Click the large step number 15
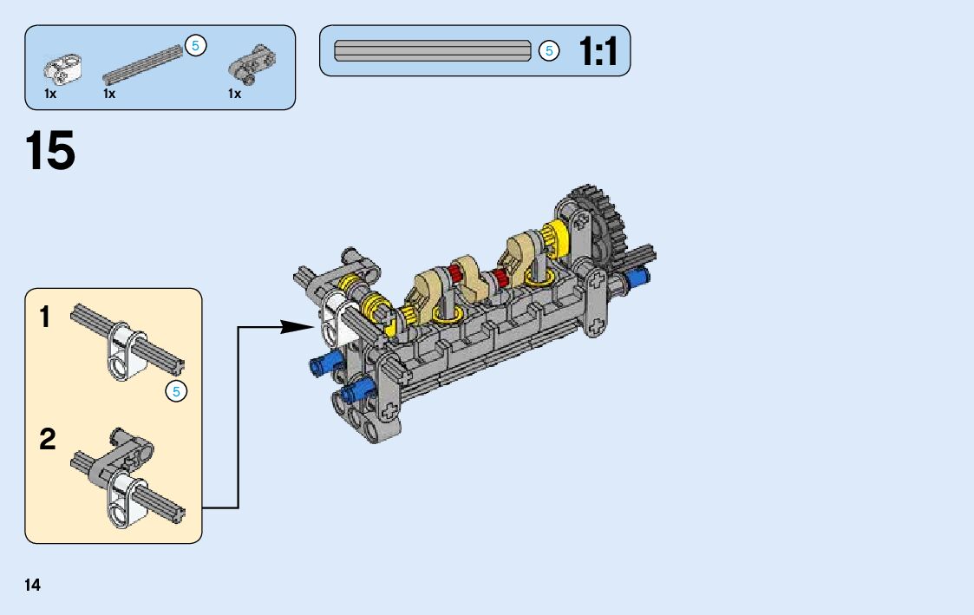tap(50, 150)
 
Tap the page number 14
tap(32, 586)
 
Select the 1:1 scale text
tap(598, 51)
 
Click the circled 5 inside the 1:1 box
tap(548, 50)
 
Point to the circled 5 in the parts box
tap(196, 45)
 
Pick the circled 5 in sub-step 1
tap(176, 391)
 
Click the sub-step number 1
tap(45, 317)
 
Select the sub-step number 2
tap(47, 439)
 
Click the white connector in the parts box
tap(62, 68)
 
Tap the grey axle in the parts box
tap(143, 64)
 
